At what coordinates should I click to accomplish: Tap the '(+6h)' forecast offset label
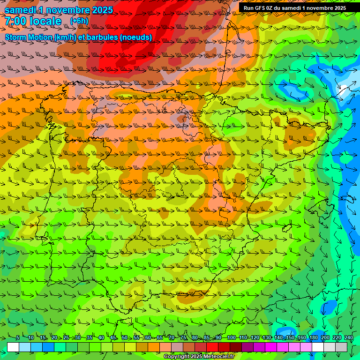79,21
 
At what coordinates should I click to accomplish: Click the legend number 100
231,337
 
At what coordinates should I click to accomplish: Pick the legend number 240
348,337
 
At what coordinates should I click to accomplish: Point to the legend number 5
17,337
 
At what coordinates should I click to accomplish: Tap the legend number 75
183,337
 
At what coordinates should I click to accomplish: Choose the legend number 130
266,337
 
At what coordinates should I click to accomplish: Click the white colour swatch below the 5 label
13,347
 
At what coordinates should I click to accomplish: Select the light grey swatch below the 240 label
341,347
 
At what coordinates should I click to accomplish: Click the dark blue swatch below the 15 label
48,347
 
